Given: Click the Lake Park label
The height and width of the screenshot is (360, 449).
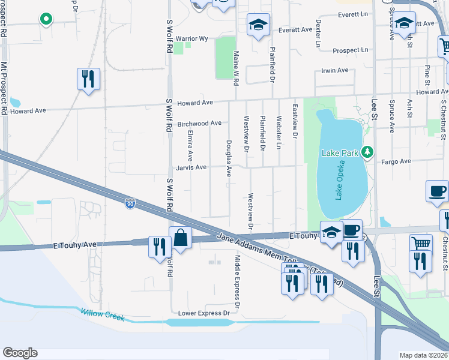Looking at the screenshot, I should pyautogui.click(x=340, y=153).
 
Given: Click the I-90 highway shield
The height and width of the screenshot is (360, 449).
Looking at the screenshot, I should pyautogui.click(x=130, y=204).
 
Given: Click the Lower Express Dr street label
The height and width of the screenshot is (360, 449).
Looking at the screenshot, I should pyautogui.click(x=204, y=313).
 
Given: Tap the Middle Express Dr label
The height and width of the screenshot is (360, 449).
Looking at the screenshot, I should pyautogui.click(x=237, y=281).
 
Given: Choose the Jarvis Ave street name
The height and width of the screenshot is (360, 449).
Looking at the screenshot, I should pyautogui.click(x=190, y=167).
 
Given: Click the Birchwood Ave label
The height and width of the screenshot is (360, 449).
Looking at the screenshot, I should pyautogui.click(x=199, y=124).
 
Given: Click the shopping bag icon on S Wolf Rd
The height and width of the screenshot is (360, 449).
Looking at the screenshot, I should pyautogui.click(x=180, y=238).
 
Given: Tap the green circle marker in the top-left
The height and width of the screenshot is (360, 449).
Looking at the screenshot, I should pyautogui.click(x=45, y=19).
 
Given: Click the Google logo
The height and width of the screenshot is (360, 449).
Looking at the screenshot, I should pyautogui.click(x=20, y=353).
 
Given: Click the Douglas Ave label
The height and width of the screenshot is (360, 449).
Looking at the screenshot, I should pyautogui.click(x=228, y=158).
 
